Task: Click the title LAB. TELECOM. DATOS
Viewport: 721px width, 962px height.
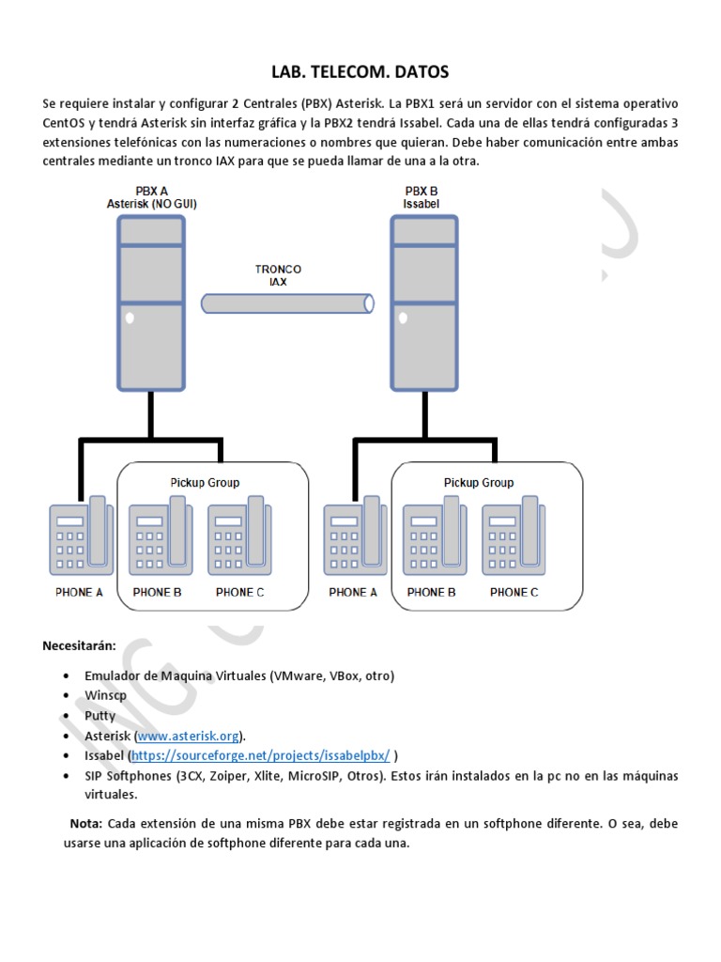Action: (x=360, y=71)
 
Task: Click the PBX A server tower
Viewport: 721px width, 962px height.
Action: (x=151, y=303)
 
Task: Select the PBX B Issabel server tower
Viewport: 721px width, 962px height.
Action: (x=424, y=303)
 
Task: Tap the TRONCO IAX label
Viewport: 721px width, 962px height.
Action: (x=278, y=275)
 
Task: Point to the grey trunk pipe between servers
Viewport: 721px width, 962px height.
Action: (x=287, y=303)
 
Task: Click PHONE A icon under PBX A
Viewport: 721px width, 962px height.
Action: (x=81, y=535)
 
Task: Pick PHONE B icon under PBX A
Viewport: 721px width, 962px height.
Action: (x=161, y=535)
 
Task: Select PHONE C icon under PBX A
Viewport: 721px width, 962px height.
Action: (x=239, y=535)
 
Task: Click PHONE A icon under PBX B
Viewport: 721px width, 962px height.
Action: (x=355, y=535)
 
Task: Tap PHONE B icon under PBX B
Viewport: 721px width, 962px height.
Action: (x=435, y=535)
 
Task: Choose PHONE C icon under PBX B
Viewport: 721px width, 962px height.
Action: (x=514, y=535)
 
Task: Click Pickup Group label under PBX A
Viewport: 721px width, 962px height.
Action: (x=205, y=483)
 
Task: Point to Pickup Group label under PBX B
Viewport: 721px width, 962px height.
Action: (x=479, y=483)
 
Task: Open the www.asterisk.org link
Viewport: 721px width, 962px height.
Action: (x=188, y=736)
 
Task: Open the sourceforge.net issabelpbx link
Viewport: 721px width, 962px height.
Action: (x=261, y=755)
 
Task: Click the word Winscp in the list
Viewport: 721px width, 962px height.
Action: (x=105, y=696)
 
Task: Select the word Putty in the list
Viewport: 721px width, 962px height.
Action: (x=100, y=716)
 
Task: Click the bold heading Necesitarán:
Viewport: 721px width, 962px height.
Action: (x=79, y=645)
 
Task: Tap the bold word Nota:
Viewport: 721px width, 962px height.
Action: (x=86, y=823)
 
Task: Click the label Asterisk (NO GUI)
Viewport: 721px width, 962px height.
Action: (x=151, y=204)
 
